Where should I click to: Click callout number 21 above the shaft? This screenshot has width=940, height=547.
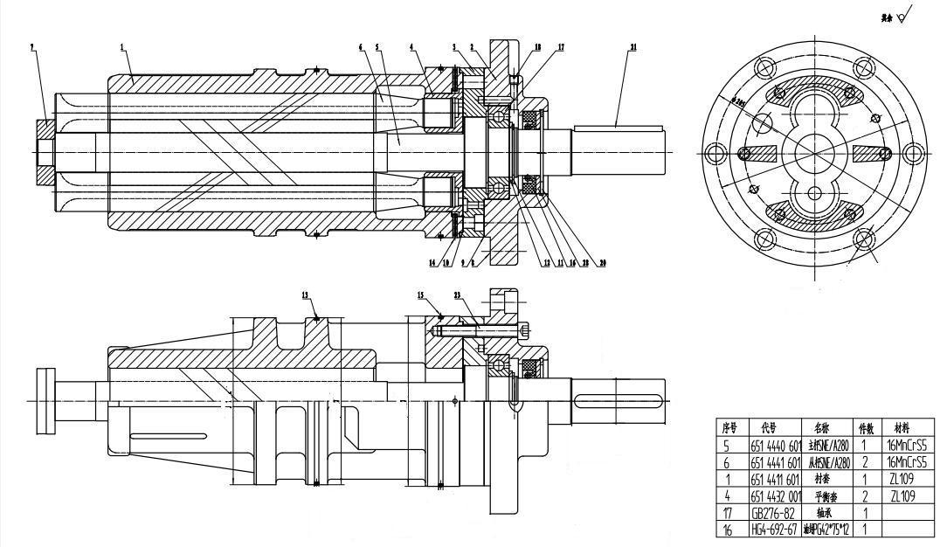point(632,47)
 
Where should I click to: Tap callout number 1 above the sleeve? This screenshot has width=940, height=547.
point(123,45)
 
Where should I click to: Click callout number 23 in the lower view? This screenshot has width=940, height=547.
point(458,296)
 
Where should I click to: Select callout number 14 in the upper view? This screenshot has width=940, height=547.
point(431,262)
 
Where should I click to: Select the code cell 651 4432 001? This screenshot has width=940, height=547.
point(776,496)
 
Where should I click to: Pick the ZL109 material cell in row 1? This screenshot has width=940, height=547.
point(904,480)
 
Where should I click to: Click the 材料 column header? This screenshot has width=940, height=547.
point(904,428)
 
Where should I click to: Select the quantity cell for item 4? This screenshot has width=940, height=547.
point(861,496)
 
